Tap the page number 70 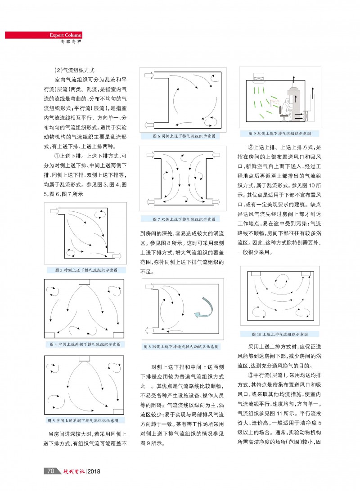(x=51, y=471)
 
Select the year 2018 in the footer (x=93, y=471)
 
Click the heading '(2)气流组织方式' (x=74, y=71)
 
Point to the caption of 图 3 (x=86, y=270)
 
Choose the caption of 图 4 (x=86, y=344)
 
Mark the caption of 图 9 (x=279, y=134)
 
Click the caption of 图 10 (x=279, y=334)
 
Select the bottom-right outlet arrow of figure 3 (x=116, y=255)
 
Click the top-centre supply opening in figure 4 (x=84, y=282)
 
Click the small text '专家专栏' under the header (x=71, y=42)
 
